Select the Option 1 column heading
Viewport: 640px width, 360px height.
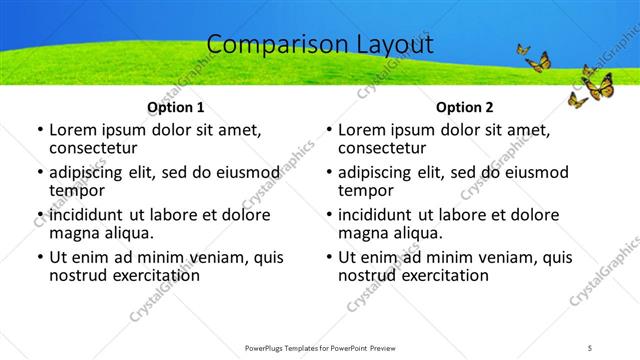pyautogui.click(x=176, y=107)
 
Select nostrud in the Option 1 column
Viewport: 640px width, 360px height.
pyautogui.click(x=78, y=275)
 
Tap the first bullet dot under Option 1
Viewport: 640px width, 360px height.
pyautogui.click(x=40, y=130)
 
